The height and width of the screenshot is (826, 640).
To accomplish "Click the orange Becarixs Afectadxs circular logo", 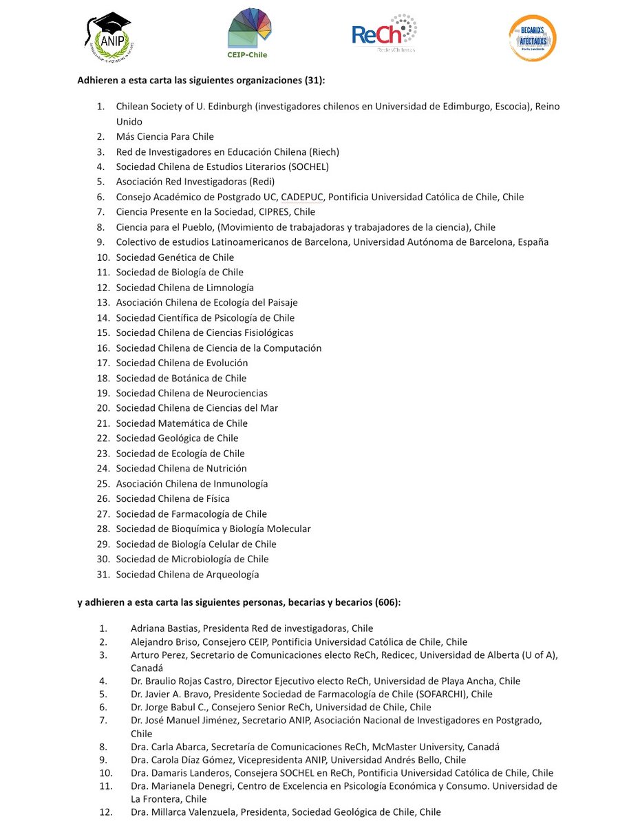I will pyautogui.click(x=532, y=39).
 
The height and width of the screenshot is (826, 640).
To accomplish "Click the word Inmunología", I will pyautogui.click(x=239, y=483).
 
